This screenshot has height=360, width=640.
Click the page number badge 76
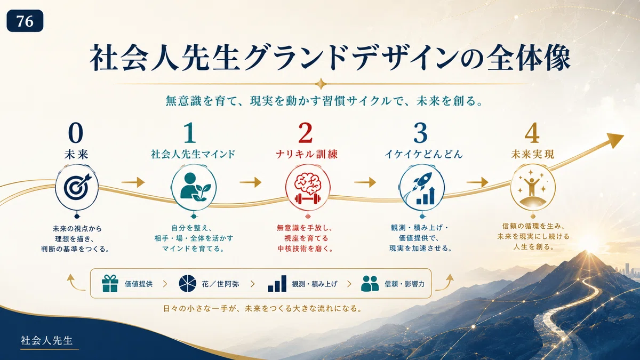tap(25, 21)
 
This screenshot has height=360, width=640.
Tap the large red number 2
tap(306, 133)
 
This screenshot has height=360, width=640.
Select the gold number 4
tap(532, 133)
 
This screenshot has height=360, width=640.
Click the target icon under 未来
tap(77, 187)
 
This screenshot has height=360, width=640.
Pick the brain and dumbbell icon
tap(307, 189)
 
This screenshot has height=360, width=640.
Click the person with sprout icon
tap(194, 187)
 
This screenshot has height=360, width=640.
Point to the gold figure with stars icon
tap(532, 187)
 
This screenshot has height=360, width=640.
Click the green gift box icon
tap(110, 283)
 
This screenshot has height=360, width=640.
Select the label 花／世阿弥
tap(220, 284)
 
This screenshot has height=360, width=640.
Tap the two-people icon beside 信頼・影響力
tap(370, 283)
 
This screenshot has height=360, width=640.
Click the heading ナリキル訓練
tap(307, 154)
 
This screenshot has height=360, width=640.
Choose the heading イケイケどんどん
tap(423, 154)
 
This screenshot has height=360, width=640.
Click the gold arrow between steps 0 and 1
tap(133, 182)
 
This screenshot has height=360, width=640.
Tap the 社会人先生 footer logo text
tap(46, 340)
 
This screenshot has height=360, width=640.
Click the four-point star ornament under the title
tap(321, 84)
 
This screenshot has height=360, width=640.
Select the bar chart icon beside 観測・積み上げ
tap(277, 283)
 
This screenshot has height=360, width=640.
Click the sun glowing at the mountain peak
tap(589, 251)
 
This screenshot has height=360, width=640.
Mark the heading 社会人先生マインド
tap(193, 154)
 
